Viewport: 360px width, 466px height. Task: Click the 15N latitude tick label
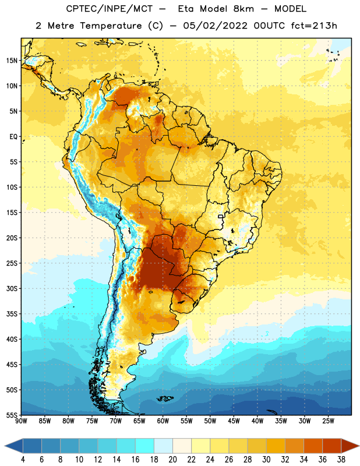tap(12, 61)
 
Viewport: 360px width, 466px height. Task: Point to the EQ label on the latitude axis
tap(13, 137)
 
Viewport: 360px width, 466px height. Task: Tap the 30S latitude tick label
tap(12, 288)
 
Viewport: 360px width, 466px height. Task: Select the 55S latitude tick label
tap(12, 415)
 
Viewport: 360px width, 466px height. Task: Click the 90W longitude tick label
tap(21, 421)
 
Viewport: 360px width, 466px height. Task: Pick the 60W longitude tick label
tap(163, 421)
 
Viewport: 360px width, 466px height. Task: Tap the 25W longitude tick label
tap(328, 421)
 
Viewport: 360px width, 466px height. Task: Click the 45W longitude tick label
tap(234, 421)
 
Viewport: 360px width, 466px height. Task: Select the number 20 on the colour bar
tap(172, 460)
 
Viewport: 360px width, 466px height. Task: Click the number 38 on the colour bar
tap(341, 460)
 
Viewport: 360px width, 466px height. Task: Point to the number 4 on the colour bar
tap(23, 460)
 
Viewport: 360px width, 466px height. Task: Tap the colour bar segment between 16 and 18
tap(145, 446)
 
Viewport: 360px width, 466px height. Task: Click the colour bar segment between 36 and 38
tap(332, 446)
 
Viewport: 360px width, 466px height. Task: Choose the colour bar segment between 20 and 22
tap(182, 446)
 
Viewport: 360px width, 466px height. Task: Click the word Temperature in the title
tap(111, 26)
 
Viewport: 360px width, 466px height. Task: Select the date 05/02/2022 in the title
tap(215, 26)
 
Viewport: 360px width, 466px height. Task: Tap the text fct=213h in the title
tap(314, 26)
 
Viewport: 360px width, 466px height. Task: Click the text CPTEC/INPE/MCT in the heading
tap(109, 9)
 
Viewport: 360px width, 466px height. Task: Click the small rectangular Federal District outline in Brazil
tap(221, 216)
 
